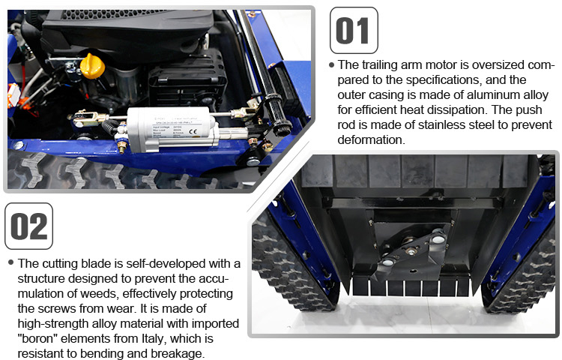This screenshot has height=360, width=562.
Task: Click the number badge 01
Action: click(354, 31)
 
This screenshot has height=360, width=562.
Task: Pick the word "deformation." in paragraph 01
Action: click(372, 139)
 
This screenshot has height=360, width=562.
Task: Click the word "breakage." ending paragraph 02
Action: click(180, 353)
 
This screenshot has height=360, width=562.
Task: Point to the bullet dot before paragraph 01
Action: click(332, 65)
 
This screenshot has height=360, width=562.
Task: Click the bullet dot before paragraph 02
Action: click(10, 263)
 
